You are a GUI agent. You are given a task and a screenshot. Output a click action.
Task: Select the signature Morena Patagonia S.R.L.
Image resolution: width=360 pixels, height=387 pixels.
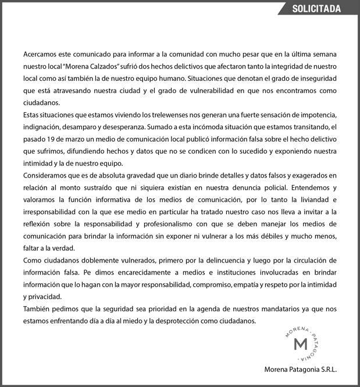click(301, 369)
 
